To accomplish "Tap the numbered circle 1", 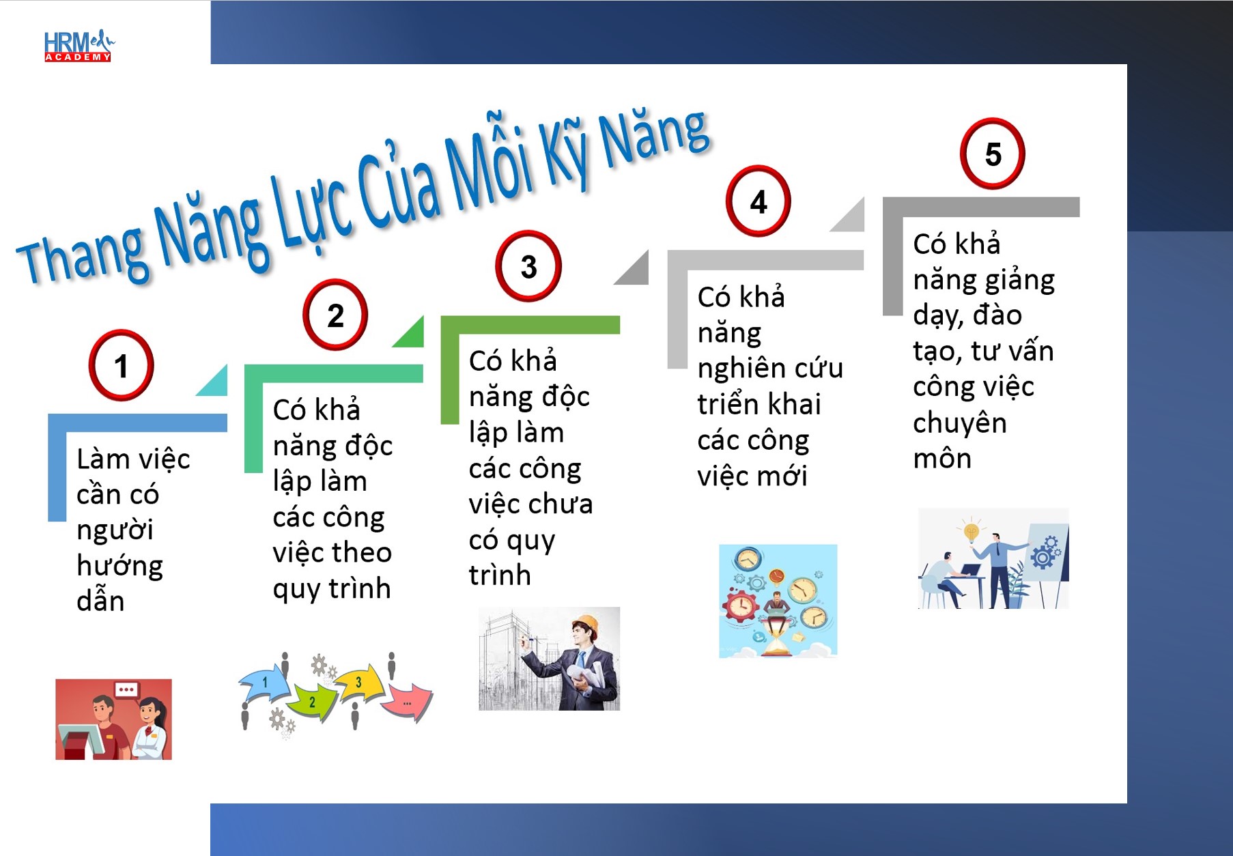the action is coord(122,365).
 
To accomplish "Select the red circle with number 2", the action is coord(335,315).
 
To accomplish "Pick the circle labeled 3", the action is coord(528,266).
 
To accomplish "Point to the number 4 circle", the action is coord(758,201).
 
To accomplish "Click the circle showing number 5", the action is coord(993,154).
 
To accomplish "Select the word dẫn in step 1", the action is coord(100,600).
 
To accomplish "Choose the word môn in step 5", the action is coord(942,458).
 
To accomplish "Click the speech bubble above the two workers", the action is coord(126,690).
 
